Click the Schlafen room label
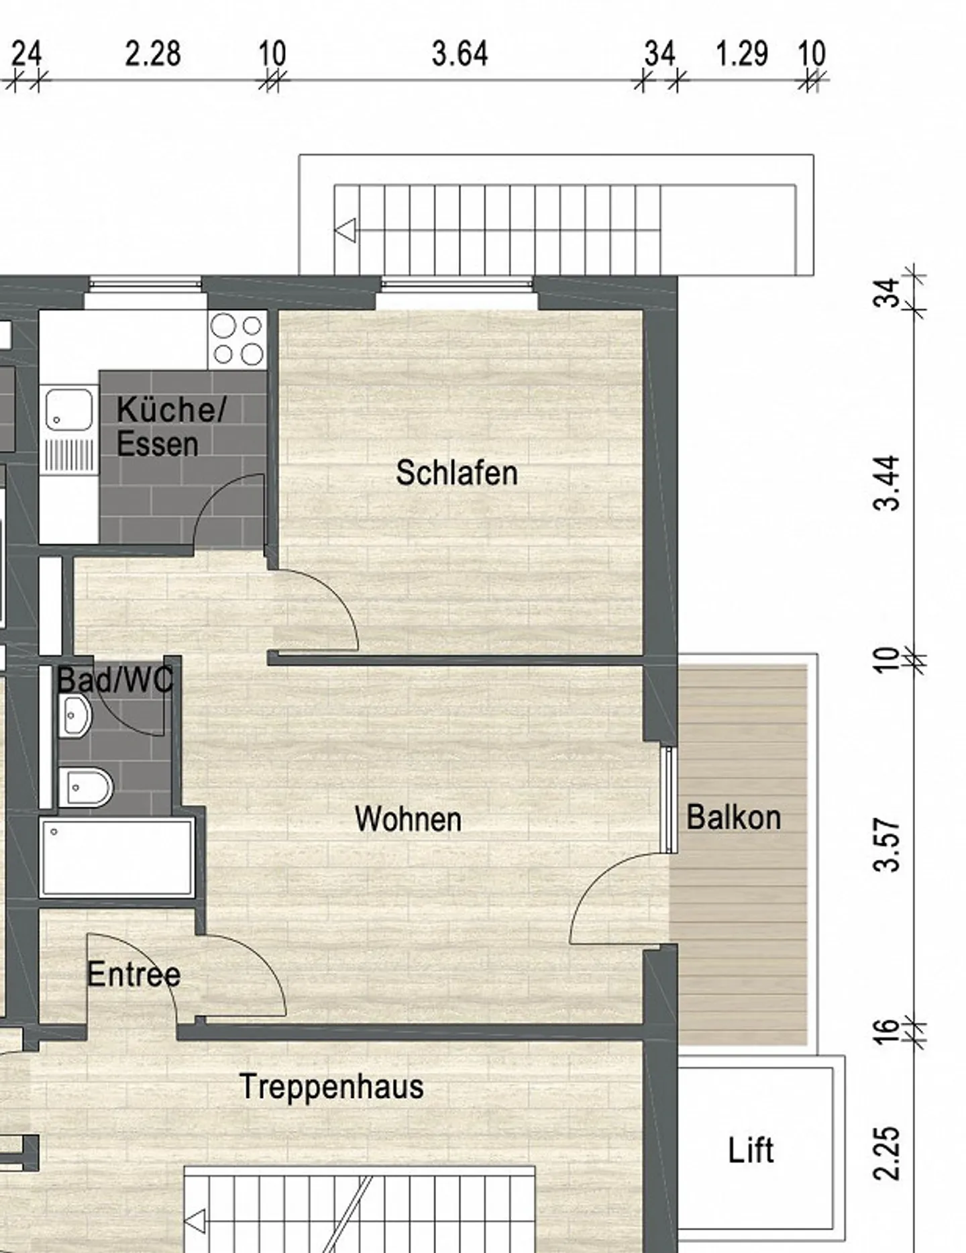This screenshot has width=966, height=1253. coord(457,473)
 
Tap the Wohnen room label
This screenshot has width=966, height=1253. coord(408,819)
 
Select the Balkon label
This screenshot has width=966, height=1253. coord(734,817)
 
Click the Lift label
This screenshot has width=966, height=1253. coord(751,1150)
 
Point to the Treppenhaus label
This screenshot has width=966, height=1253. coord(331,1087)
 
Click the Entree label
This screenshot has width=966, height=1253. coord(133,974)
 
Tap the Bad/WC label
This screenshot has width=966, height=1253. coord(115,680)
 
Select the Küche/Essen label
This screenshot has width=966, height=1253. coord(171,427)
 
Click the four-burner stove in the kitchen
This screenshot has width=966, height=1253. coord(237,340)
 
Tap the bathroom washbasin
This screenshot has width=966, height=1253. coord(74,716)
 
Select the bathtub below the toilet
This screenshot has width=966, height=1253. coord(117,857)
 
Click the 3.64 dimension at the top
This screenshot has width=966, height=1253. coord(460,54)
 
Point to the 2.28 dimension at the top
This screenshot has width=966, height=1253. coord(153,54)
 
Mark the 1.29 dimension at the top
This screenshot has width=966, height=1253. coord(741,54)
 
